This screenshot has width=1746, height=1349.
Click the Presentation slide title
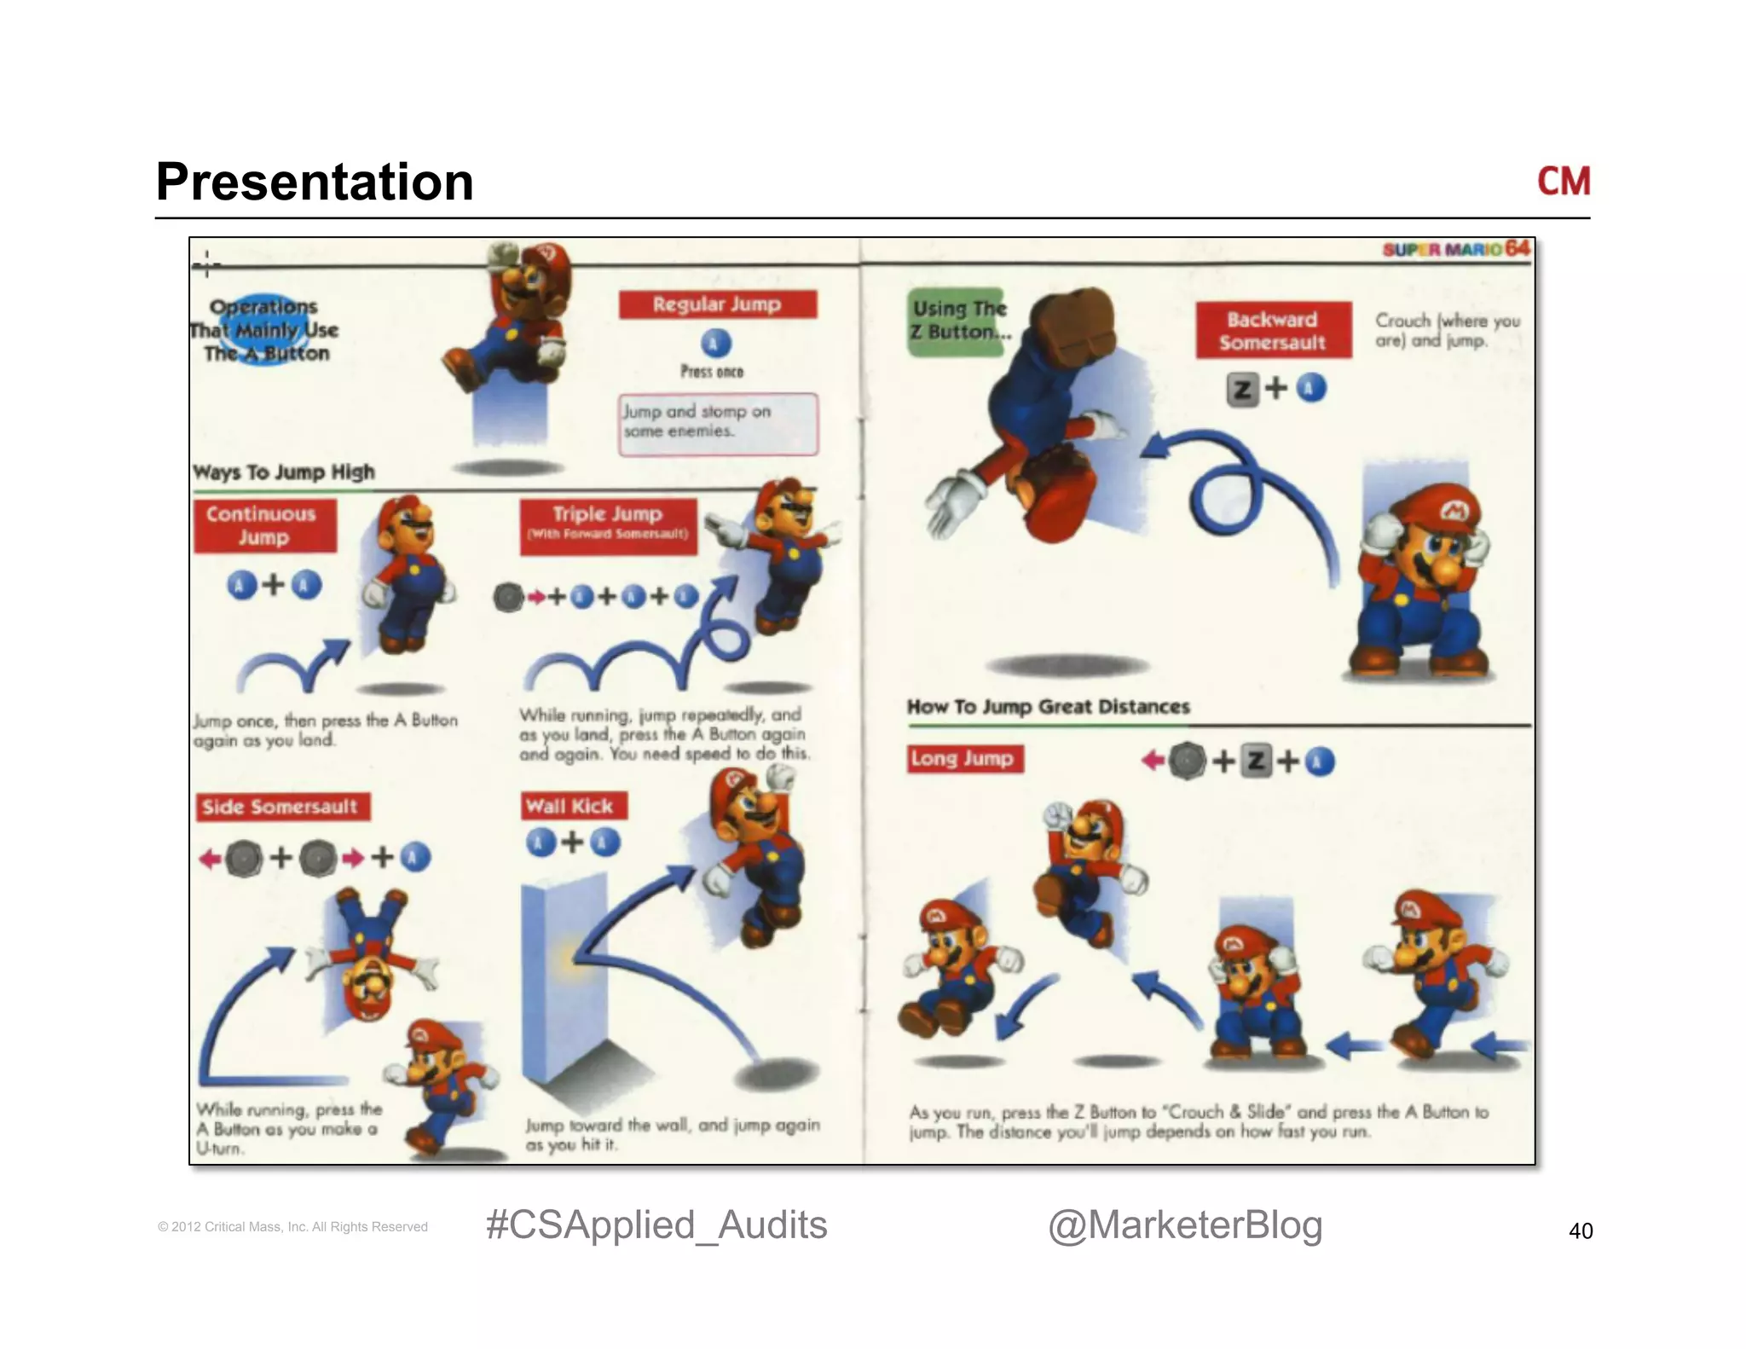tap(315, 182)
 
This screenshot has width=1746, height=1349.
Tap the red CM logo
tap(1563, 182)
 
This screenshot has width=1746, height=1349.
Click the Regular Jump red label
tap(717, 304)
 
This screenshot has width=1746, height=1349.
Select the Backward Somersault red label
tap(1273, 330)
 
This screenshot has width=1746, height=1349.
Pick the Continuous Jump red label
tap(263, 525)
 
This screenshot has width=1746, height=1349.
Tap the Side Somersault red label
tap(281, 807)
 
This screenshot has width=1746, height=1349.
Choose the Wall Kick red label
tap(572, 806)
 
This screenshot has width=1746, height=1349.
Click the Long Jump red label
tap(963, 758)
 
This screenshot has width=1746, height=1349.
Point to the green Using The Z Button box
tap(956, 321)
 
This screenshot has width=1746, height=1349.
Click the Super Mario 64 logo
tap(1456, 249)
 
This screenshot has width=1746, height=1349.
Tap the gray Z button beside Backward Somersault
tap(1243, 390)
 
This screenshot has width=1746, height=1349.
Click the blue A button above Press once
tap(715, 344)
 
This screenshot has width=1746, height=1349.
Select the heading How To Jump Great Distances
tap(1048, 706)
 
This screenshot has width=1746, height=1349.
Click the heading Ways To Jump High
tap(284, 472)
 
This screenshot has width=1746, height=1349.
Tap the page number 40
tap(1580, 1230)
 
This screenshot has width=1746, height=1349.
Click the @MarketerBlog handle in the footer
tap(1184, 1225)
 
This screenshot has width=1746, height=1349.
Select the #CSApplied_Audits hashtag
tap(656, 1225)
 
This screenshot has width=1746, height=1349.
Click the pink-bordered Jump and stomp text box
tap(718, 423)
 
